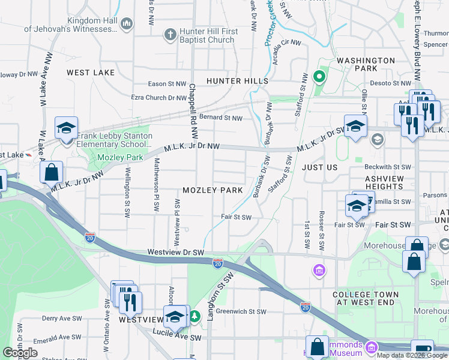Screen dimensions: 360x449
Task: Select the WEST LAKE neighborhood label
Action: [90, 73]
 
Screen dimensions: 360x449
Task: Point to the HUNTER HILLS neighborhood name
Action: [237, 80]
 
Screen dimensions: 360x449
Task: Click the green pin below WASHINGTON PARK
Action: [319, 76]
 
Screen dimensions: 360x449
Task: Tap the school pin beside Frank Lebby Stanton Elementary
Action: [65, 128]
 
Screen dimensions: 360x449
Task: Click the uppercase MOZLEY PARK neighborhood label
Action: [212, 190]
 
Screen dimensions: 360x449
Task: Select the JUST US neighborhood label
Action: [320, 167]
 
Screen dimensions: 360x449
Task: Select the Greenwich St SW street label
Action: [241, 311]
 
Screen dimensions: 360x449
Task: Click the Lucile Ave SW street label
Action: [178, 338]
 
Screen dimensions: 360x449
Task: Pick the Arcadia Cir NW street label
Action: [286, 43]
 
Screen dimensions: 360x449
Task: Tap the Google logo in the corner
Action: [20, 353]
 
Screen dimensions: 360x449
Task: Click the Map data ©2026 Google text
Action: [412, 356]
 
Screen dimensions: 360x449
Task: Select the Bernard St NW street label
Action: [221, 118]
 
